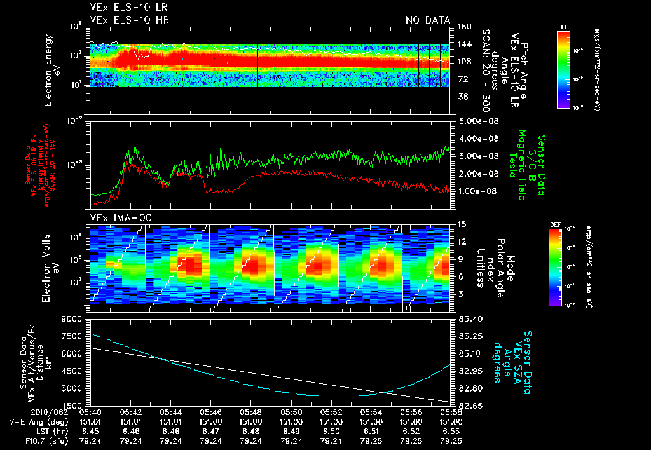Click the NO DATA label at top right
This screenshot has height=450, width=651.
tap(428, 20)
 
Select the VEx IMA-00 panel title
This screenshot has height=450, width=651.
tap(115, 217)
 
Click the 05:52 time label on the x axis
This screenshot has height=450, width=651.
tap(331, 411)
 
